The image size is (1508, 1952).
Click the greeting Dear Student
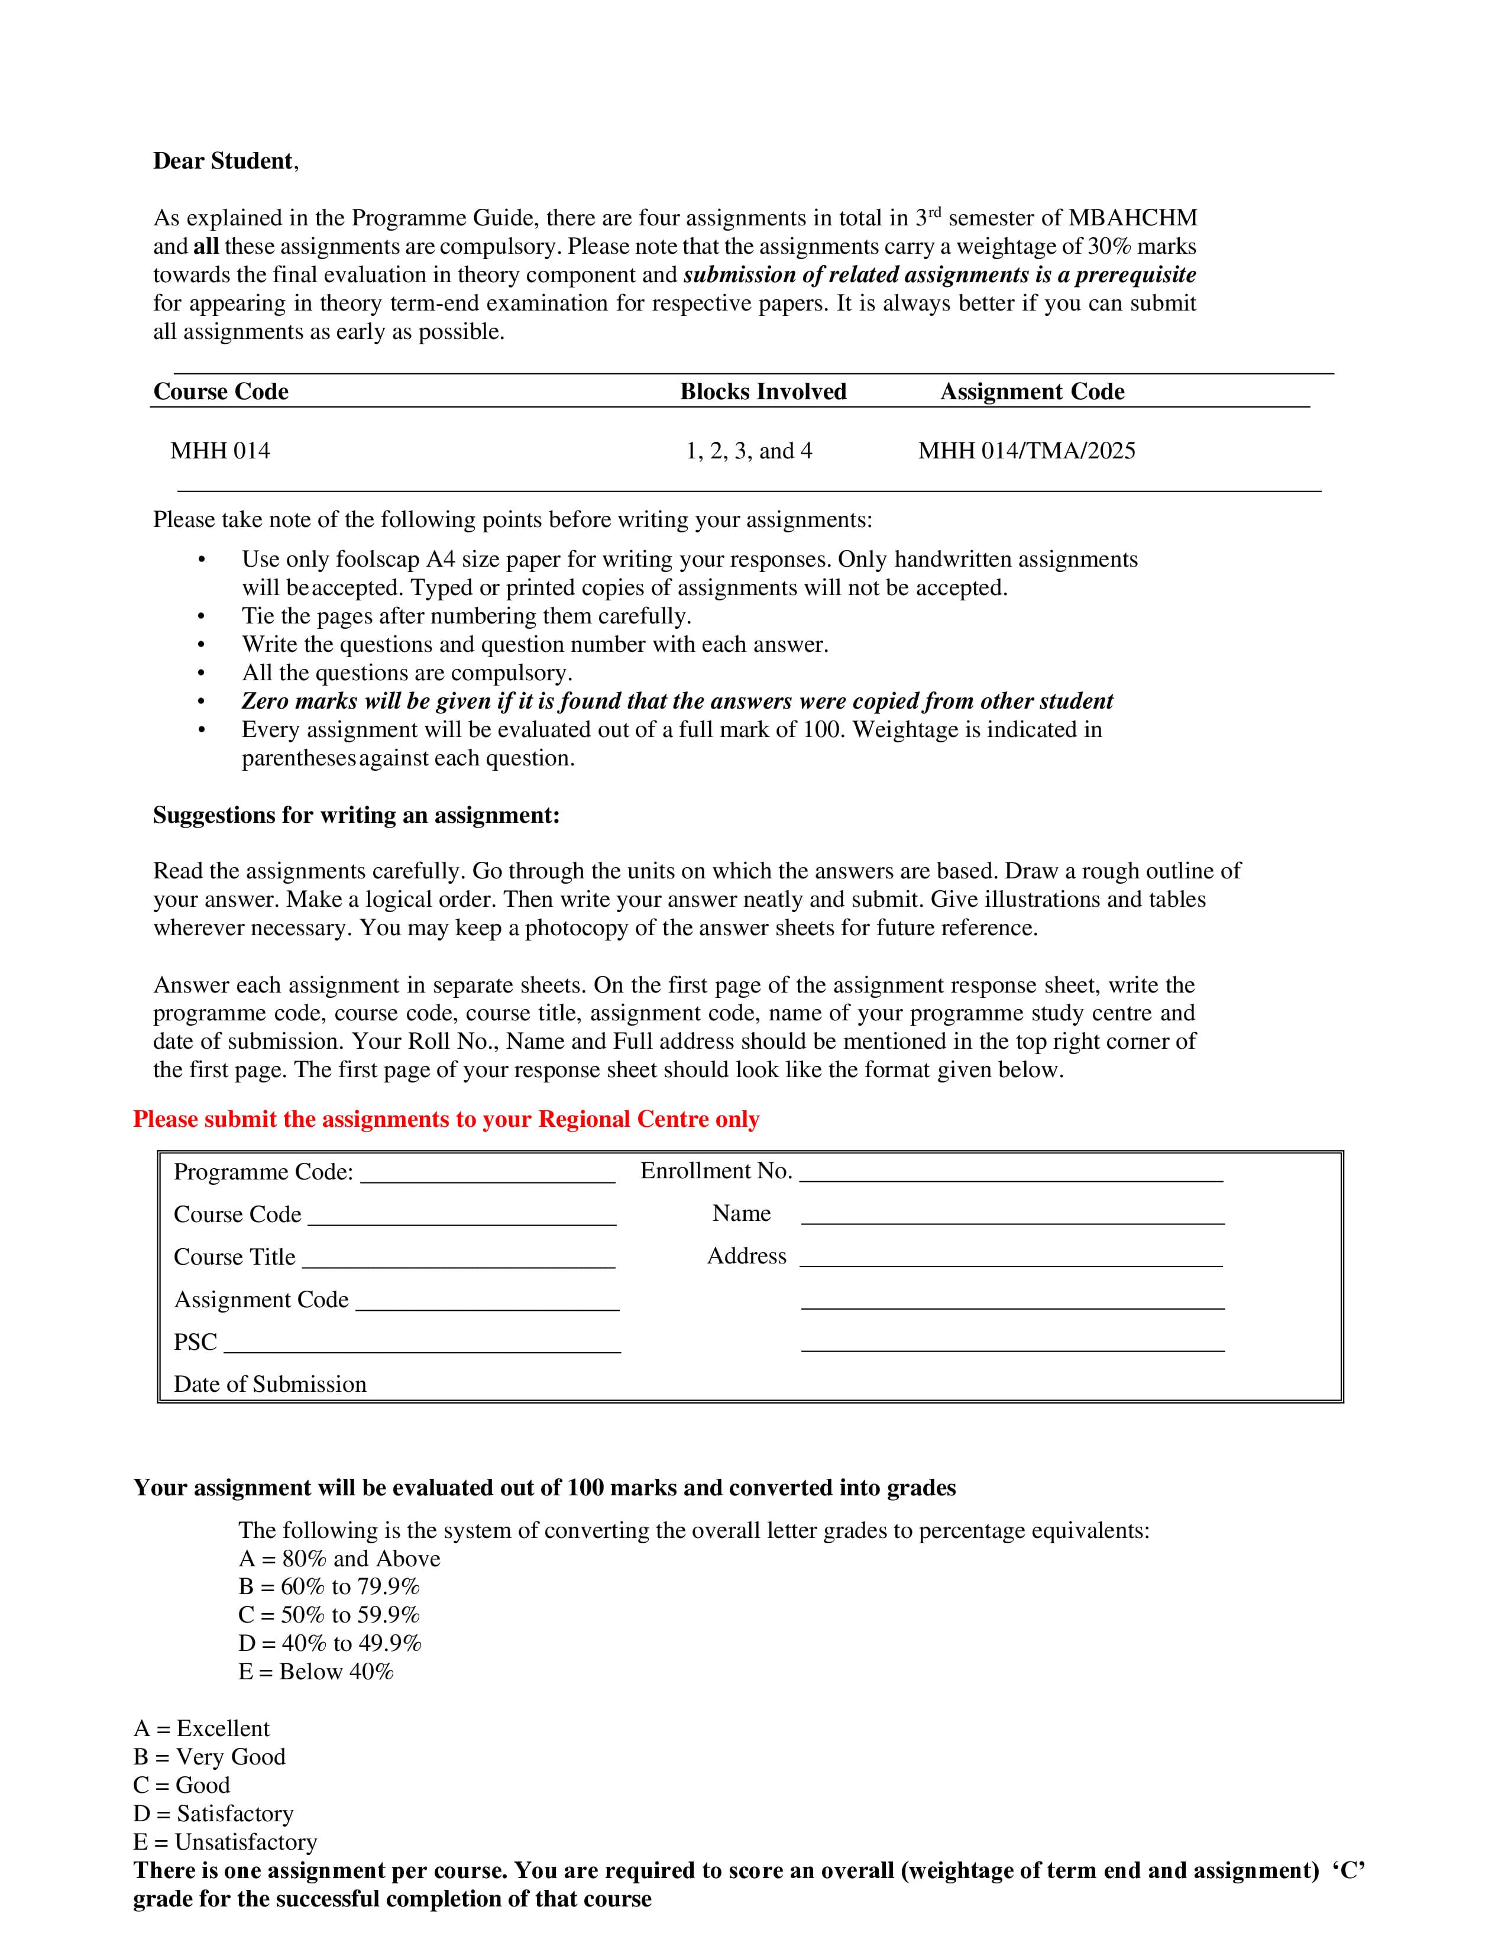(x=224, y=161)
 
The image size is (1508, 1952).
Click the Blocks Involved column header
(x=763, y=392)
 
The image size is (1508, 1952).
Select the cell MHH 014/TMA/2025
(x=1027, y=451)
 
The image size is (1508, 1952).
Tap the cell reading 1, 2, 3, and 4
(x=749, y=451)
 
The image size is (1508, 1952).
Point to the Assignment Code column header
(x=1032, y=392)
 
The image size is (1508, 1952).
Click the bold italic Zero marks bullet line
(x=677, y=701)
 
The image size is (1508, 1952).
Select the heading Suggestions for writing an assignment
(x=355, y=815)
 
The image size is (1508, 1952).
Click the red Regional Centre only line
(x=446, y=1119)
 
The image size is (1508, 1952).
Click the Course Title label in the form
(x=234, y=1256)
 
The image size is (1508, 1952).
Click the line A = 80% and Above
(x=339, y=1559)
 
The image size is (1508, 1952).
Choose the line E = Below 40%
(x=315, y=1672)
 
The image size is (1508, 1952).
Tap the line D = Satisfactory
(x=213, y=1814)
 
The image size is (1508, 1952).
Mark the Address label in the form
(x=747, y=1256)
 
